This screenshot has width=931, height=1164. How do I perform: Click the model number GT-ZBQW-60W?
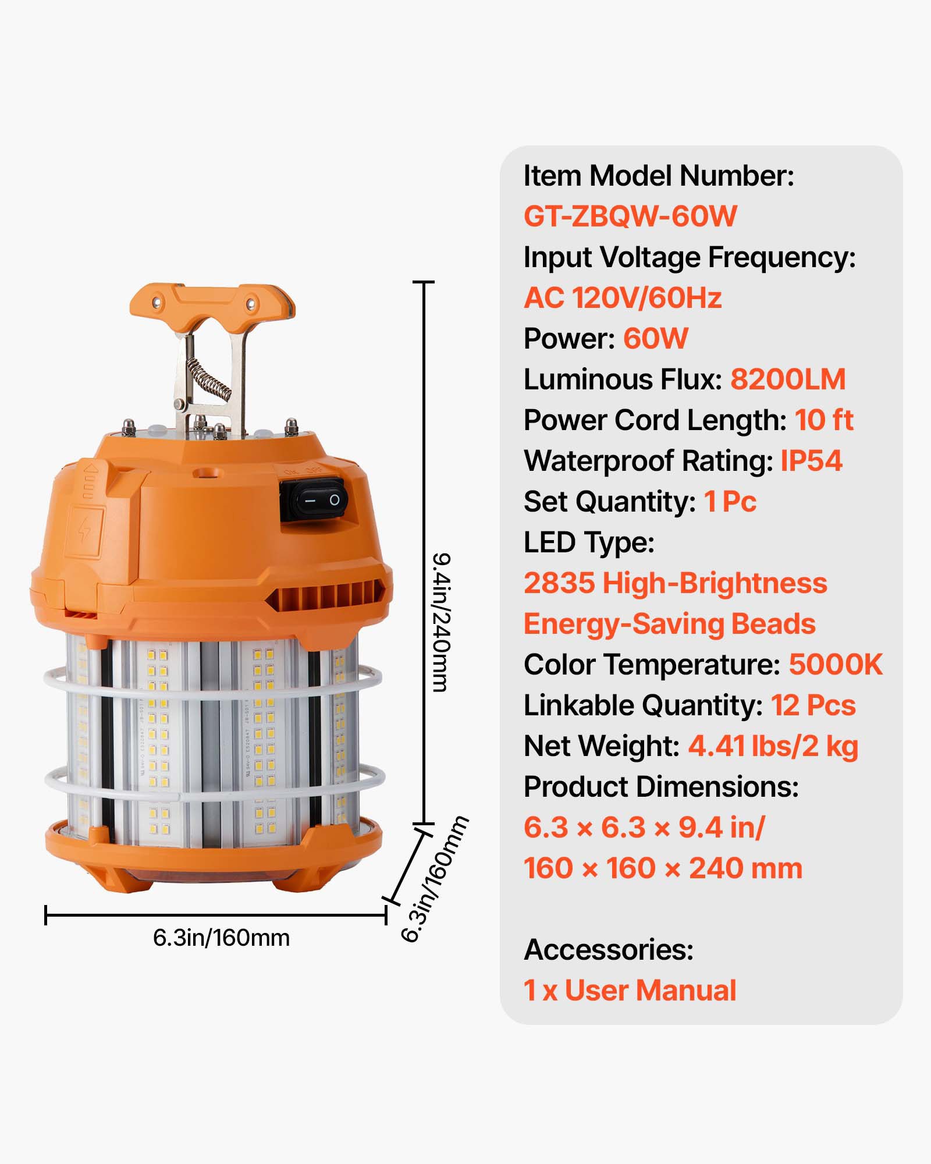coord(630,217)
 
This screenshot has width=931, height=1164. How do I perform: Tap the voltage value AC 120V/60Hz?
coord(623,298)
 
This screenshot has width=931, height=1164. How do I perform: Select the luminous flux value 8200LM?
coord(787,379)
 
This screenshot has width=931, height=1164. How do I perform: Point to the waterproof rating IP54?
coord(811,461)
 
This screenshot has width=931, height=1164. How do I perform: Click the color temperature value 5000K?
coord(836,665)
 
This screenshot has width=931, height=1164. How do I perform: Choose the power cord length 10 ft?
coord(824,420)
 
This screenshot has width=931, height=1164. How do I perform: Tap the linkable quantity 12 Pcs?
coord(813,705)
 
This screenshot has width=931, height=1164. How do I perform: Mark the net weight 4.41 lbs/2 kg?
coord(773,746)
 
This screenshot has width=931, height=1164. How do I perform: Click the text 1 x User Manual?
coord(630,991)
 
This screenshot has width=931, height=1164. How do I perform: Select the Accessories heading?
coord(609,950)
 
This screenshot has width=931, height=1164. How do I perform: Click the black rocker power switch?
coord(317,499)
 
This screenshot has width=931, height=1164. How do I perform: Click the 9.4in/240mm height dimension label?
coord(441,623)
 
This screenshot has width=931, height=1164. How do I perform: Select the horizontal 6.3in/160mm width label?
coord(221,938)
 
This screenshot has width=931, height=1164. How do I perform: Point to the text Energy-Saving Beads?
coord(669,624)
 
